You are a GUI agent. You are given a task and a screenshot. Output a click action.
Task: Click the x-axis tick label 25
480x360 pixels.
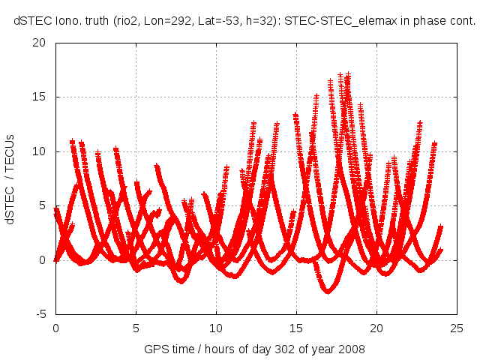tap(457, 328)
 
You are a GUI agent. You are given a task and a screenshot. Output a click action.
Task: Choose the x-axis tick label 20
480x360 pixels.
tap(376, 328)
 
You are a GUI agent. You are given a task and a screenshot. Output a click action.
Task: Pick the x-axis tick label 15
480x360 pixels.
tap(296, 328)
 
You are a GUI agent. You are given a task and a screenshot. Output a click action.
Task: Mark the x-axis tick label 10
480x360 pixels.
tap(216, 328)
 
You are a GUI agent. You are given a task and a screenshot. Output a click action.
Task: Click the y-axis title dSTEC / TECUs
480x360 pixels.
tap(10, 178)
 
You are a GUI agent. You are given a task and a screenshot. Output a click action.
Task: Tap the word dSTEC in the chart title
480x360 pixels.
tap(31, 22)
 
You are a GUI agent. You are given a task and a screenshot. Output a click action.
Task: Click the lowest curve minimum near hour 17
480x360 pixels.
tap(328, 292)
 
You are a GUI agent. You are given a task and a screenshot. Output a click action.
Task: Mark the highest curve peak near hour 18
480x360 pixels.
tap(348, 73)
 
